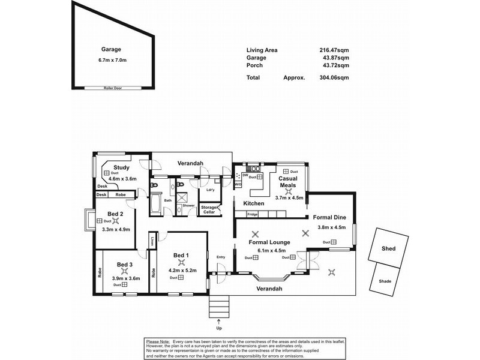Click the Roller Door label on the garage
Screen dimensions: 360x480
(x=113, y=88)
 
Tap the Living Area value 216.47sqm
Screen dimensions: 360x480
(x=334, y=50)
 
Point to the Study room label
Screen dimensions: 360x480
(x=122, y=167)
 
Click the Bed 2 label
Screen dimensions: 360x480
(x=115, y=214)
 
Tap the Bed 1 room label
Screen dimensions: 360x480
(x=181, y=256)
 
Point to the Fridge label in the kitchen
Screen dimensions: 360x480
(x=252, y=214)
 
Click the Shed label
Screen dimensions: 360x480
(x=389, y=248)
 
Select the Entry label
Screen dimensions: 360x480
(x=221, y=257)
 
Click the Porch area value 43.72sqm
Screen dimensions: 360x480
(x=334, y=65)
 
